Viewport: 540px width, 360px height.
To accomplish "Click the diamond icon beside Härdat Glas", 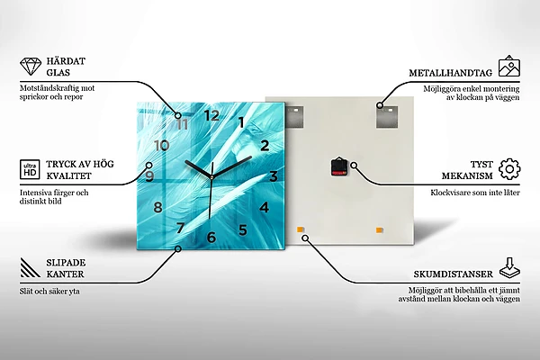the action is [x=31, y=67].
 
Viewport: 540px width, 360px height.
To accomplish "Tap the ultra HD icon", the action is [x=30, y=169].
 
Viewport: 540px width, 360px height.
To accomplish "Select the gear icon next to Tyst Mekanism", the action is [x=509, y=169].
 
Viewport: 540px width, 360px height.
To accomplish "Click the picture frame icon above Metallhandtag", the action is [x=509, y=66].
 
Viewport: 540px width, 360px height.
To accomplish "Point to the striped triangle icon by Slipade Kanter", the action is [x=31, y=267].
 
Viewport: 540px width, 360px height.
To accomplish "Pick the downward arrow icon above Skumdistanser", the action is [x=510, y=268].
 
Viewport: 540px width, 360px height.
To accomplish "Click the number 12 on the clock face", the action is [x=211, y=115].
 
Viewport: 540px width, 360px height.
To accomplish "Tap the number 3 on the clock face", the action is [x=274, y=176].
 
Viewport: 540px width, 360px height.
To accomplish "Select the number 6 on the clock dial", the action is [x=211, y=237].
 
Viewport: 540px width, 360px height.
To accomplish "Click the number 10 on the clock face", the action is [x=162, y=146].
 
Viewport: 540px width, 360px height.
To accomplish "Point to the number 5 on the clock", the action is [x=243, y=229].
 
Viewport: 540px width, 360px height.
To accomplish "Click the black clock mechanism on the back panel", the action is [x=337, y=167].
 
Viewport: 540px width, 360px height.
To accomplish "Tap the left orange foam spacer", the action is [x=300, y=229].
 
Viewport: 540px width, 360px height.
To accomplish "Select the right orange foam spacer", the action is [x=379, y=230].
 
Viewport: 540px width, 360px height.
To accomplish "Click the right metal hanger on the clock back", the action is [x=387, y=117].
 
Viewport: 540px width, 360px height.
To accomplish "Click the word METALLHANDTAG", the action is [x=451, y=73].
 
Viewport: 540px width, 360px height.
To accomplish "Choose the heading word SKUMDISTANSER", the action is [x=454, y=274].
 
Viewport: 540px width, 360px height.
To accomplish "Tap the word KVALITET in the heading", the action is [x=69, y=175].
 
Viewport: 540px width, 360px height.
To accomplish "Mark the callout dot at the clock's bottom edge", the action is [x=178, y=248].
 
